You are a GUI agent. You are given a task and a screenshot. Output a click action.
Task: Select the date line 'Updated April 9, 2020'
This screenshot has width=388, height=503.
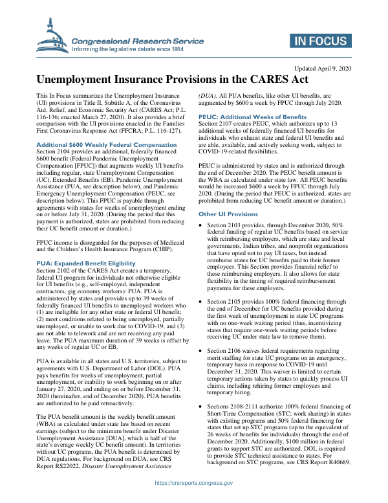tap(323, 68)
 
